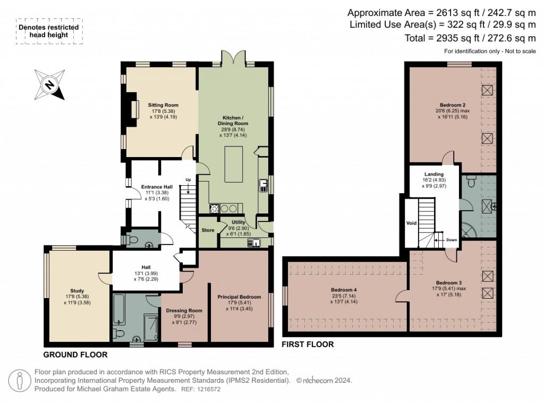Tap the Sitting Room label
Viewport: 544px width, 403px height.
point(163,105)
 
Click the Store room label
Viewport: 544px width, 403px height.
point(208,231)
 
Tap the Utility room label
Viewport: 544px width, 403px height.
point(238,223)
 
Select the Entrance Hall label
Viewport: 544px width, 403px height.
point(157,187)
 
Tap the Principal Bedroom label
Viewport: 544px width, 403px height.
point(239,297)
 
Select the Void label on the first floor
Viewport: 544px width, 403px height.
point(412,223)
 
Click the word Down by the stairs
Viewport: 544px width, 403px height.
point(451,240)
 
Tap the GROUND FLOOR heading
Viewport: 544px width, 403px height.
point(75,355)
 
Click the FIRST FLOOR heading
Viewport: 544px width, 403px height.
point(308,344)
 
